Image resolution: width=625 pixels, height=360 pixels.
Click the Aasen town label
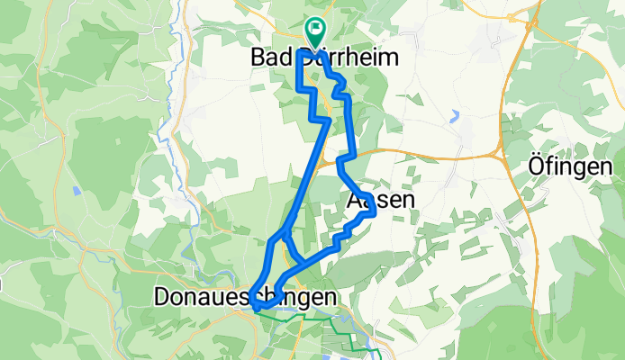[x=380, y=201]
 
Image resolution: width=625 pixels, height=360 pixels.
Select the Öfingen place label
[x=570, y=166]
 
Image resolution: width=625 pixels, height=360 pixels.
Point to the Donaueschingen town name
[x=246, y=296]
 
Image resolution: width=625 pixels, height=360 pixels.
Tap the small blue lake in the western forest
[x=77, y=191]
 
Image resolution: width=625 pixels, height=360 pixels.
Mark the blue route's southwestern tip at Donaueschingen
[x=255, y=307]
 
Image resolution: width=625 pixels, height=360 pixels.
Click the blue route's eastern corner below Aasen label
[x=374, y=214]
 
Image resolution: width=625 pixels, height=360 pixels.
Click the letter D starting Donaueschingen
[x=163, y=296]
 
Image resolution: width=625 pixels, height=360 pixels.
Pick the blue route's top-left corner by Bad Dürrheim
[x=298, y=53]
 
